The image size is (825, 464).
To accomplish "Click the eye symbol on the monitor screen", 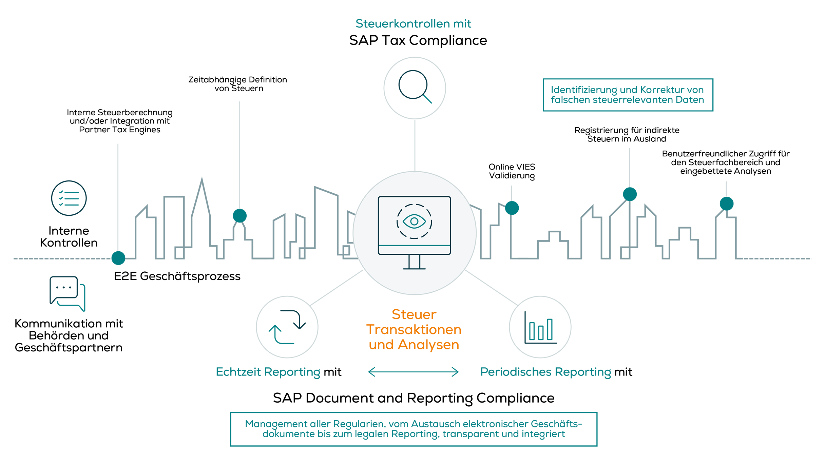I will click(414, 221).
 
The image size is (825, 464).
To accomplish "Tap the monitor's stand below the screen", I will click(414, 262).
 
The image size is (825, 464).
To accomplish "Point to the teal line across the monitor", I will click(414, 245).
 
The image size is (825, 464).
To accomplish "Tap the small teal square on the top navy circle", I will click(429, 101).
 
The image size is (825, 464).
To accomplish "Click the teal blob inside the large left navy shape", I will click(69, 198).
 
